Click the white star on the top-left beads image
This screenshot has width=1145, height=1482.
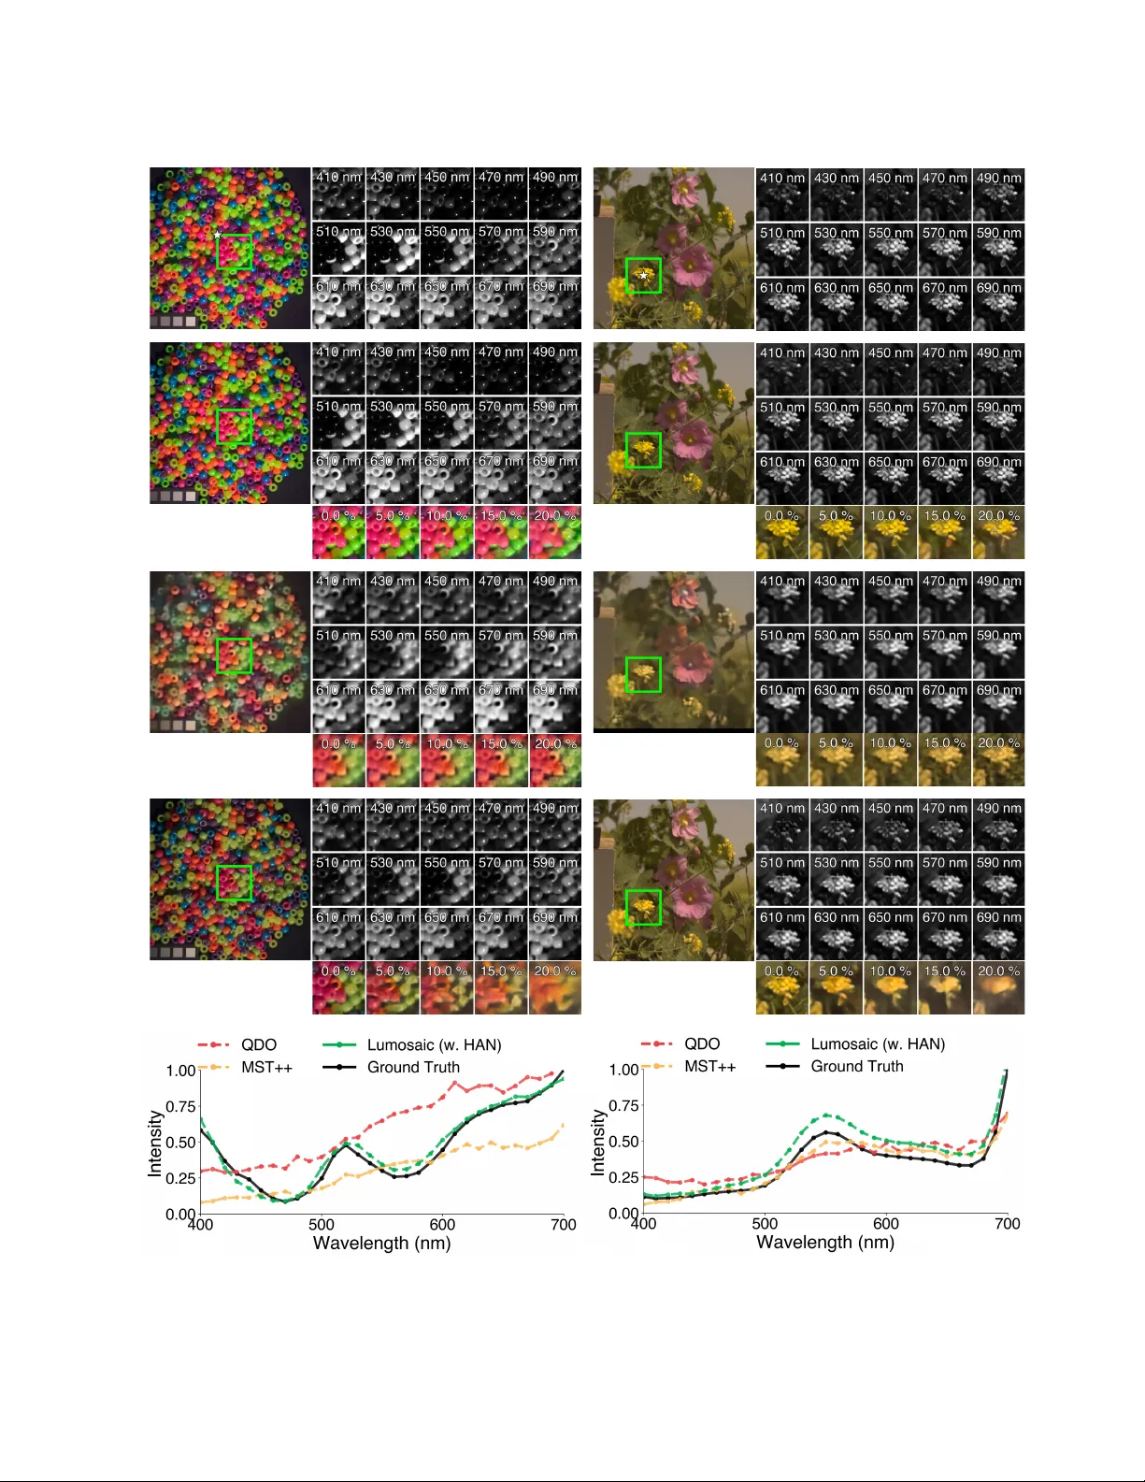(x=217, y=235)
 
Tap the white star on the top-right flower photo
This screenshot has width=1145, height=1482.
(x=644, y=275)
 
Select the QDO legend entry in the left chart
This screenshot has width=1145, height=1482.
(x=259, y=1044)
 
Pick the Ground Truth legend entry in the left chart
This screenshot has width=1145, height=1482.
(x=413, y=1067)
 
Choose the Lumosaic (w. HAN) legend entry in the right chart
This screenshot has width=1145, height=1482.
(x=878, y=1043)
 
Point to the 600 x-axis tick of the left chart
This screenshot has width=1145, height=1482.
(x=442, y=1224)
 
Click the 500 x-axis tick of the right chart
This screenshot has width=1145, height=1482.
(x=765, y=1223)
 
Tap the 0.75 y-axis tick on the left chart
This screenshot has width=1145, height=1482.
(x=180, y=1106)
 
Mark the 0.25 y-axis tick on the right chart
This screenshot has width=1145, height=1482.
(x=623, y=1177)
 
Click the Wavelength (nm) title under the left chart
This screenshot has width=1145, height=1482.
(x=381, y=1244)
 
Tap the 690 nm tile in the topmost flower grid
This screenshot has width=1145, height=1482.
(x=998, y=305)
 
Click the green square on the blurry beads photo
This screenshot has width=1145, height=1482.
(x=234, y=655)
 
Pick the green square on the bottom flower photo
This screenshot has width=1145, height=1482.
(x=643, y=907)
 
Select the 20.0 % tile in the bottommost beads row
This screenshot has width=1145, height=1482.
(x=555, y=988)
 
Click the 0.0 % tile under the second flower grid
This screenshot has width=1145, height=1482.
(x=781, y=533)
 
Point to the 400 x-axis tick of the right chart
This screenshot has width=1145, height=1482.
(x=643, y=1223)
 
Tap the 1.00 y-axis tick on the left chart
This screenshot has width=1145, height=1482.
(x=180, y=1071)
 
